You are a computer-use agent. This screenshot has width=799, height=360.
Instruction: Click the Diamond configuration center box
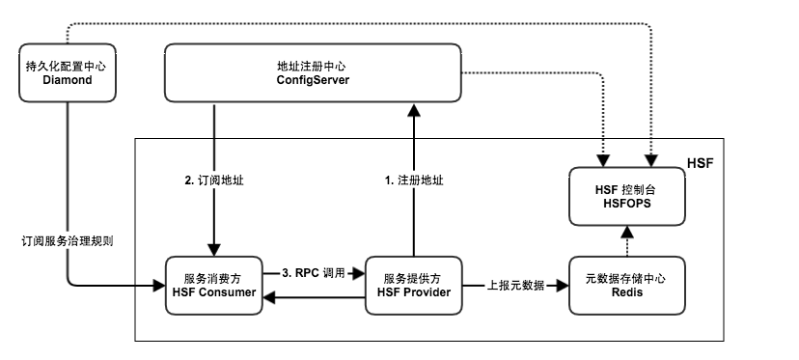point(67,73)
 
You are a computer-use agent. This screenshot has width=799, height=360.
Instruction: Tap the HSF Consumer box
point(213,285)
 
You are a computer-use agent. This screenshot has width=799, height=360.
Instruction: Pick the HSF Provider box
point(413,285)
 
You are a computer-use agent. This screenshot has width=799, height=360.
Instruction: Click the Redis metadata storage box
point(627,285)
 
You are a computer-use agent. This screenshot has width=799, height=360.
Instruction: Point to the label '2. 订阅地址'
point(214,180)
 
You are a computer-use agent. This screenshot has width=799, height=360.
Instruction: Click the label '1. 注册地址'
point(414,180)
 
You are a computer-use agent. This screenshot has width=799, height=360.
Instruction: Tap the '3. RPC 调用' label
point(314,274)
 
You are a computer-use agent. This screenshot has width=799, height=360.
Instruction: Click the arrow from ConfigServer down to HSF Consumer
point(213,222)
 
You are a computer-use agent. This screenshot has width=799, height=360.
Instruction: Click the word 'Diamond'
point(67,81)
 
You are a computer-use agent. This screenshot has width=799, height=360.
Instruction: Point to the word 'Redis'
point(627,292)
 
